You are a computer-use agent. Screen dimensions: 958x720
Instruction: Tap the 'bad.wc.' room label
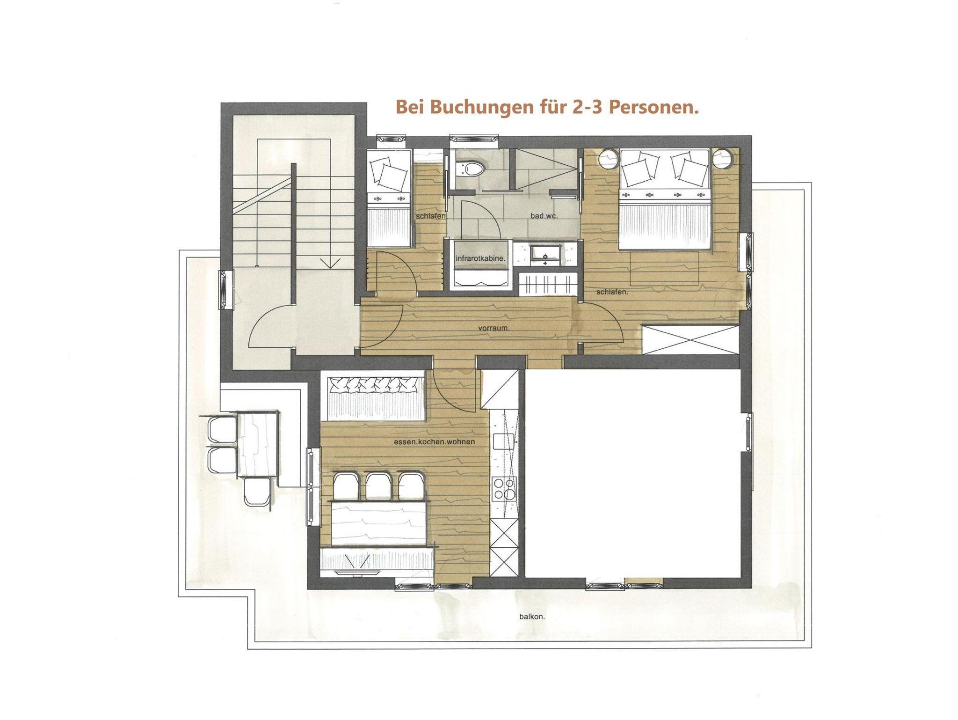pos(544,216)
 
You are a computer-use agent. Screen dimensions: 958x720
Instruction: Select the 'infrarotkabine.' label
pos(480,258)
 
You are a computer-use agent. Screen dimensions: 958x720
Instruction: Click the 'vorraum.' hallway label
pos(494,328)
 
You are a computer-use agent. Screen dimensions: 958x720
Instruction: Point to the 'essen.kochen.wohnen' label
pos(434,441)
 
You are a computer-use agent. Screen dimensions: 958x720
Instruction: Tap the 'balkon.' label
pos(532,617)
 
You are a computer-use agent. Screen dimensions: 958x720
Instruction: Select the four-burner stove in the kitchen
pos(503,488)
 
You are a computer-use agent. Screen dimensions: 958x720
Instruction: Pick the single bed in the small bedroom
pos(388,198)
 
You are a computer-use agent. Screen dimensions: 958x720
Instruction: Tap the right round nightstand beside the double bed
pos(722,158)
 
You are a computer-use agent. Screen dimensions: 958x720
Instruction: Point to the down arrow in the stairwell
pos(330,263)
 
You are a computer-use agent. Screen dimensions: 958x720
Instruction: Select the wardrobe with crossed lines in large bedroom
pos(690,340)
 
